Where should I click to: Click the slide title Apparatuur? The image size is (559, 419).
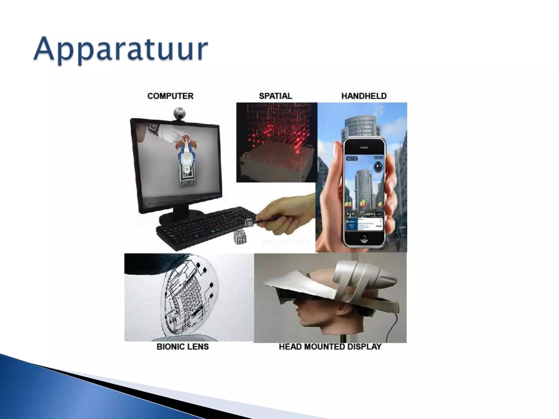point(120,51)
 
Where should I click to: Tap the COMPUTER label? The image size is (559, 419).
point(170,96)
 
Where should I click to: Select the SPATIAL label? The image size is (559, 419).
point(275,96)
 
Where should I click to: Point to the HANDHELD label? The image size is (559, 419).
point(364,96)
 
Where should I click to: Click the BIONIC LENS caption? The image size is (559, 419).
point(183,347)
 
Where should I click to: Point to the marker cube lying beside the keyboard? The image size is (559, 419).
point(240,237)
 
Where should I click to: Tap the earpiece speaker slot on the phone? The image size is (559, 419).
point(364,147)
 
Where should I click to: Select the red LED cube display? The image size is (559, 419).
point(276,142)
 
